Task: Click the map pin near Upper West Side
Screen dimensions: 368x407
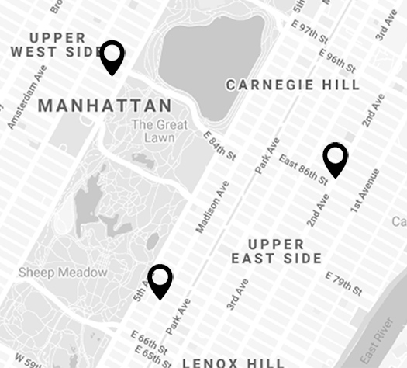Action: (x=113, y=56)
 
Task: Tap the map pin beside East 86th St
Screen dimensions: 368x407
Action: (x=336, y=158)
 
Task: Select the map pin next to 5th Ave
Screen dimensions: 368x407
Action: (x=160, y=279)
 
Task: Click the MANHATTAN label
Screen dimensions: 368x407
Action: (x=105, y=106)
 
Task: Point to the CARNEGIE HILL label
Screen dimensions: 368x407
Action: (x=292, y=85)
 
